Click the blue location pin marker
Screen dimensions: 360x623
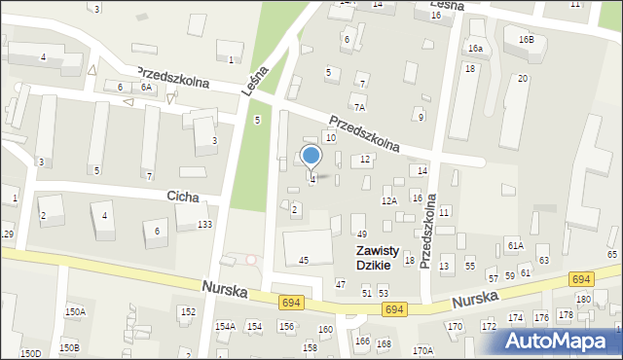311,157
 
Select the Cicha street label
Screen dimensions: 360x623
182,197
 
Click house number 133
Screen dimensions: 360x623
204,225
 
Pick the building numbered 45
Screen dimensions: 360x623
304,260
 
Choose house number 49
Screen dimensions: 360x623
361,234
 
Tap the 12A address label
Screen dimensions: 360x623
389,201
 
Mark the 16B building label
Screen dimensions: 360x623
526,40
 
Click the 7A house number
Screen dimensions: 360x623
359,107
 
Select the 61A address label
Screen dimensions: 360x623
515,246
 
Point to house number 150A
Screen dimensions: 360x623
75,311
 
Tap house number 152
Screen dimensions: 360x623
188,311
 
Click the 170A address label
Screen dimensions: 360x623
421,350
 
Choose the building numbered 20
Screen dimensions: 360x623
523,78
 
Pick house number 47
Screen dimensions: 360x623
340,283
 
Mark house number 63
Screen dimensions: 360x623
543,260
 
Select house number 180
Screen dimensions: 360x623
582,299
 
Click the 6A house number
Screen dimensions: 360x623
146,88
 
